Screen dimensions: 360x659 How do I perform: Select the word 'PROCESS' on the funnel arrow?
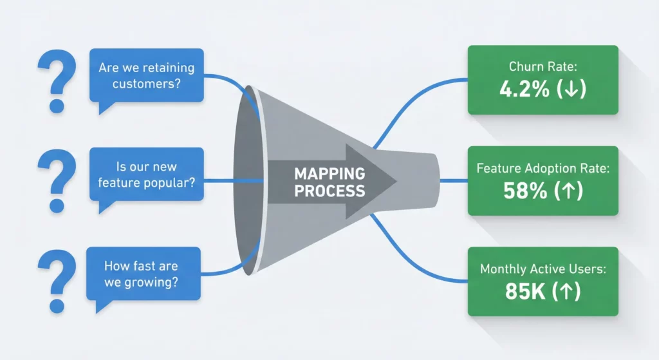(x=329, y=191)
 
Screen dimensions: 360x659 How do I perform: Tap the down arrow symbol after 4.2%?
(x=571, y=90)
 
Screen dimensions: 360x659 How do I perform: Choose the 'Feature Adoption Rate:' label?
(x=543, y=169)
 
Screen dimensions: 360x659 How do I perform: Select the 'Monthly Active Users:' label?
(x=543, y=269)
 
